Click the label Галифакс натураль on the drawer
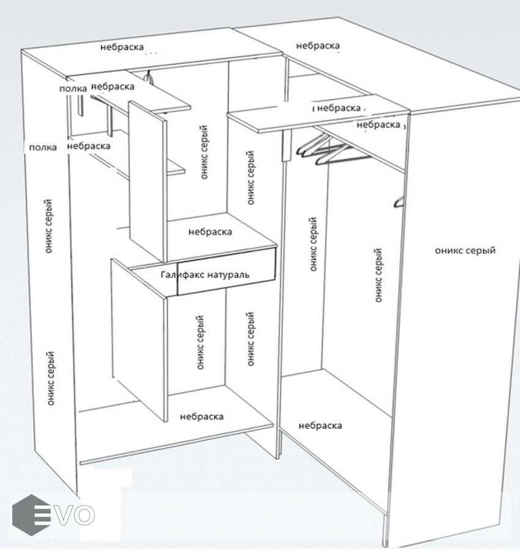(205, 275)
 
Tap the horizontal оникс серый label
(465, 251)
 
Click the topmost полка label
(73, 89)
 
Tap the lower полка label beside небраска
(42, 148)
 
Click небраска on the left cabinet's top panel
(122, 47)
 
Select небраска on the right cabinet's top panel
(318, 46)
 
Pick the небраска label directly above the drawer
(210, 232)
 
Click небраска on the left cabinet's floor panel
(202, 417)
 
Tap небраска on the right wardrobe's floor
(320, 426)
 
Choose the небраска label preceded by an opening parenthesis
(339, 108)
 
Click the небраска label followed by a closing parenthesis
(378, 124)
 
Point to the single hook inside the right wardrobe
(398, 201)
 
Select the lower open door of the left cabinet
(139, 339)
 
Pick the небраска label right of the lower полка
(89, 146)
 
